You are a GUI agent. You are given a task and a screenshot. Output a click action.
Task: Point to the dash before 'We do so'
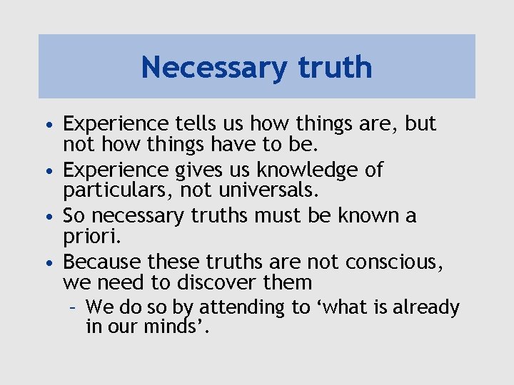pyautogui.click(x=74, y=308)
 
